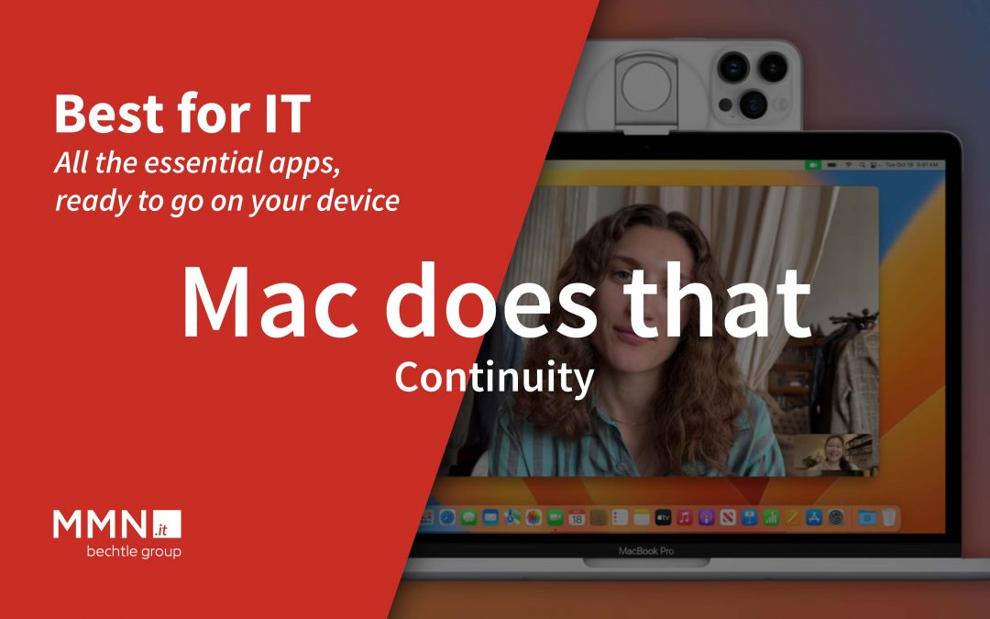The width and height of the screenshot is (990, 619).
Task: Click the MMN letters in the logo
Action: [x=100, y=525]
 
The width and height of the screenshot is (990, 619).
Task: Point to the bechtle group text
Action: [x=133, y=552]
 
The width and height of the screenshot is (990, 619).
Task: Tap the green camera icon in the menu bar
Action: [x=812, y=165]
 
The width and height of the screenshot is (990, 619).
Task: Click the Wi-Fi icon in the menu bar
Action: [x=848, y=165]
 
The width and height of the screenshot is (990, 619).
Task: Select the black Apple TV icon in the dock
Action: [x=662, y=518]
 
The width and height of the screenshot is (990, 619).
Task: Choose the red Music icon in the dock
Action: [x=685, y=518]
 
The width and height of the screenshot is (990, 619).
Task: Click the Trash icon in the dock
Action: [x=888, y=518]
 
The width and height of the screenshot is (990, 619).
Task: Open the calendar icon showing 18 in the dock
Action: [x=577, y=518]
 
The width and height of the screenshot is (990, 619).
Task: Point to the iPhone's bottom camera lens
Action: [x=753, y=102]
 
